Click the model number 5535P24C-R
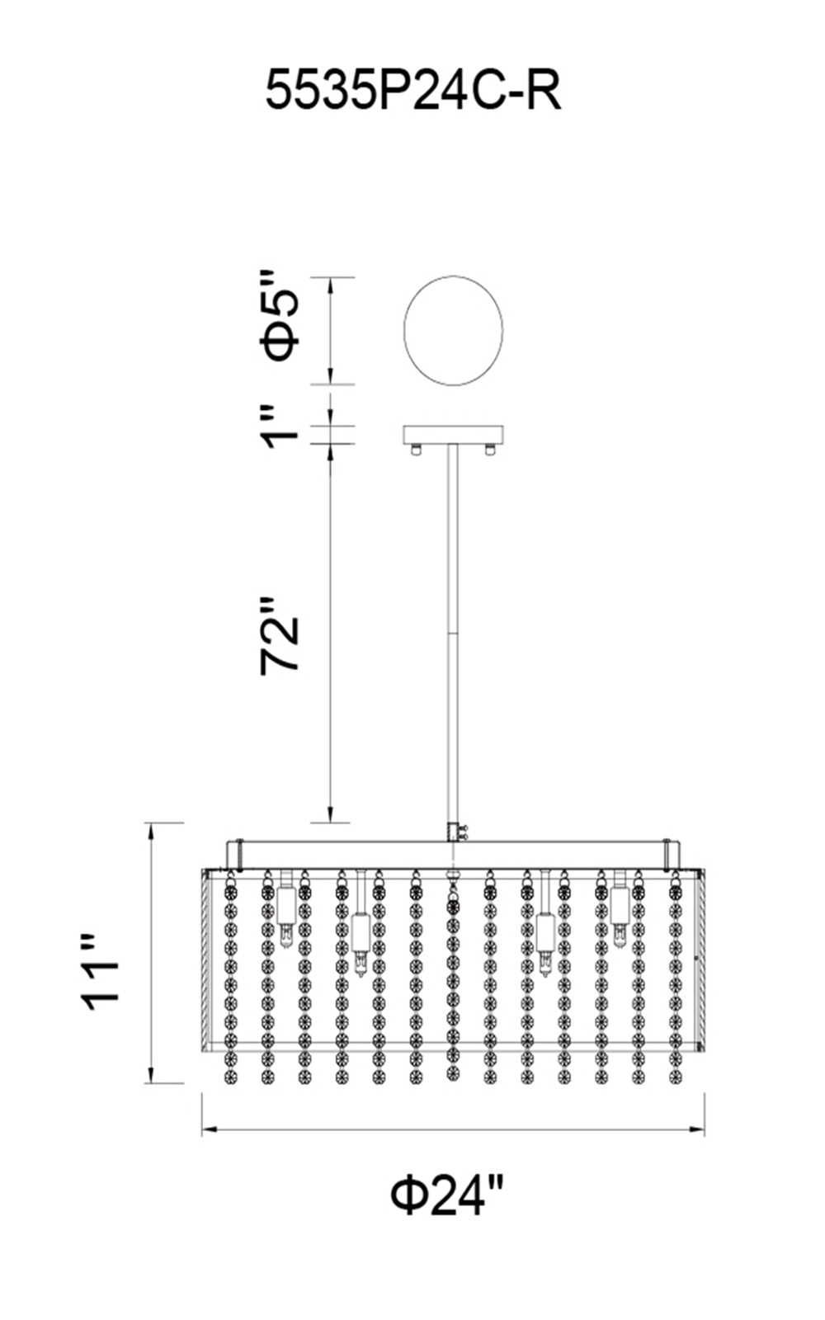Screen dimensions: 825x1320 412,90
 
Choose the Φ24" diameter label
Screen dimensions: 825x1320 446,1194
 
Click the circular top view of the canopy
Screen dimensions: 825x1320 453,330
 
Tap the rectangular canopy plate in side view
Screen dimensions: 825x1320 453,434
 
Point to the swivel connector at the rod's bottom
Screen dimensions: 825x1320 453,831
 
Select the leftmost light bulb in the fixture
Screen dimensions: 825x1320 285,916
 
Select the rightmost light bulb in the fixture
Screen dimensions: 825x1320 619,916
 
